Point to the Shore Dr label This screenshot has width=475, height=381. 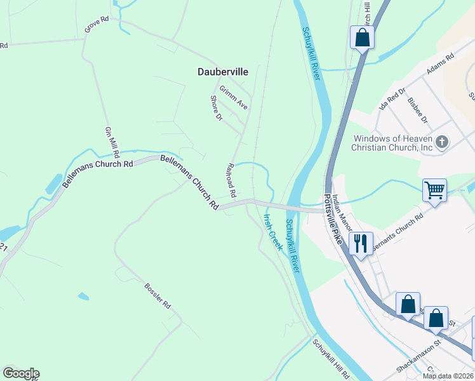coord(217,108)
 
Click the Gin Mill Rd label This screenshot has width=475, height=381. coord(112,142)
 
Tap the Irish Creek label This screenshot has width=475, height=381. coord(273,231)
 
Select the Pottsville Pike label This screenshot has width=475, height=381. coord(333,220)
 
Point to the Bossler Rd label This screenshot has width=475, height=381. coord(158,295)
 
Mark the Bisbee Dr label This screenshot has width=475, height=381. coord(418,110)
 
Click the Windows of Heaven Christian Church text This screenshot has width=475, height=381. coord(392,143)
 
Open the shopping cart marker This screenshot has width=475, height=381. coord(435,189)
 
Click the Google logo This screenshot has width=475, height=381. coord(21,373)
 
